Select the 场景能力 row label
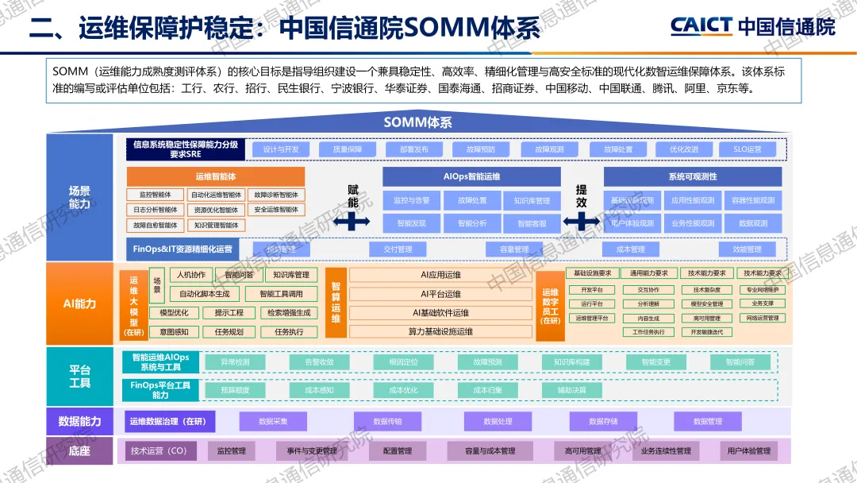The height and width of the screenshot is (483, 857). pos(80,197)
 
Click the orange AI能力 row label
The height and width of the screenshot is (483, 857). pos(80,303)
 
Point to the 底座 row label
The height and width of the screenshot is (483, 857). pos(80,451)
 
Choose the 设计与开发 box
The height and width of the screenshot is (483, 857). pos(281,149)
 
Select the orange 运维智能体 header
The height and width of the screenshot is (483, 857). pos(215,176)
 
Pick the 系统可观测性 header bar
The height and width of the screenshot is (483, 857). pos(692,176)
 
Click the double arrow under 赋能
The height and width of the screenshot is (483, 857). pos(352,222)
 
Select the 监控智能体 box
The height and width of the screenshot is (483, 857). pos(155,195)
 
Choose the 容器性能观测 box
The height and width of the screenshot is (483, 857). pos(752,200)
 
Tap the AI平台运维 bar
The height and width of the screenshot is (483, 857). pos(440,294)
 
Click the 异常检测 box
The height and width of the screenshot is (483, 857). pos(235,362)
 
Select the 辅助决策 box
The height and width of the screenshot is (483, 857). pos(571,390)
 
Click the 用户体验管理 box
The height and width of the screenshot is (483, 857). pos(748,451)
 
